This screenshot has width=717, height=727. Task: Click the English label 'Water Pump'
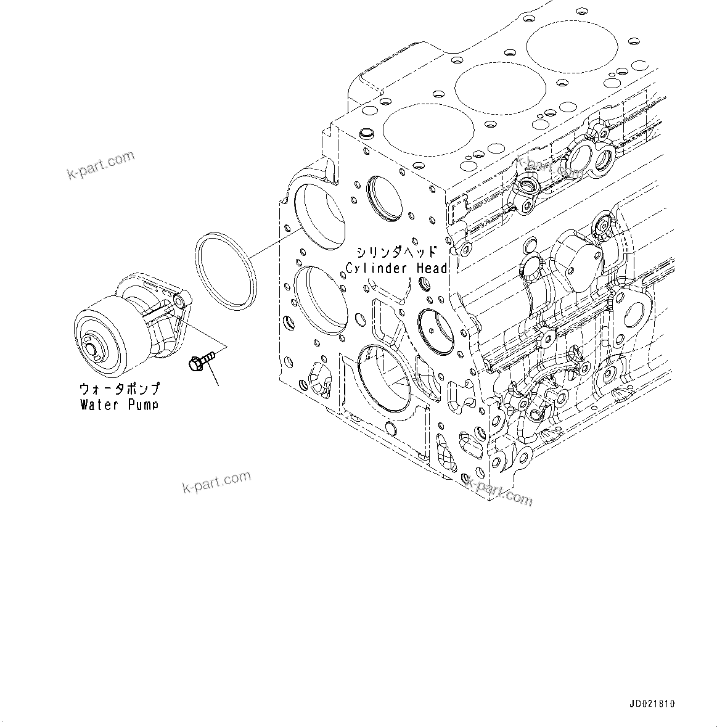click(x=119, y=405)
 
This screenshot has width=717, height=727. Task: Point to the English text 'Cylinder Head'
click(x=396, y=268)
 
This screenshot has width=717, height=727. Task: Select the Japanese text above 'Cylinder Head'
click(x=396, y=252)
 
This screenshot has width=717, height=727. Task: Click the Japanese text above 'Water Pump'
click(x=119, y=389)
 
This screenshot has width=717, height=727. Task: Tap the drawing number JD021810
click(x=652, y=704)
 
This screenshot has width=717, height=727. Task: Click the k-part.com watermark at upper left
click(x=100, y=165)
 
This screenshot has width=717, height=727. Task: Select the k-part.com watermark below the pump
click(x=216, y=482)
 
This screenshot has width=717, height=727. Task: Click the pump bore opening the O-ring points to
click(x=319, y=216)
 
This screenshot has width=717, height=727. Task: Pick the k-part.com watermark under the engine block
click(x=499, y=490)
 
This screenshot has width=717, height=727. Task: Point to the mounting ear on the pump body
click(x=179, y=302)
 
